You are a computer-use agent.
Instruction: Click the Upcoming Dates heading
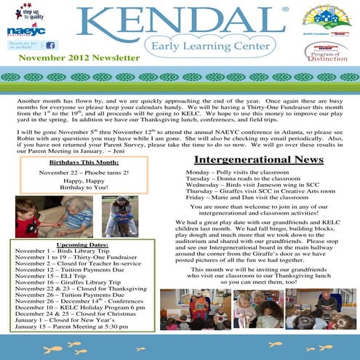76,245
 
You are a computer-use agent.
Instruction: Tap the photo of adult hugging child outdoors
119,216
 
